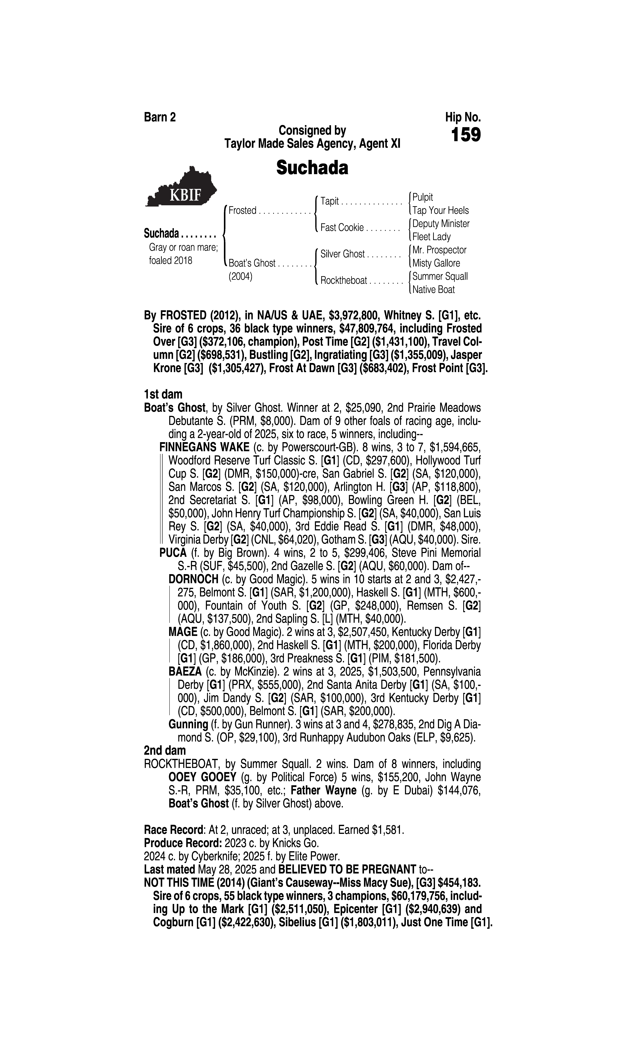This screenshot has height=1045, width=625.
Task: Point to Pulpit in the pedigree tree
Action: [422, 197]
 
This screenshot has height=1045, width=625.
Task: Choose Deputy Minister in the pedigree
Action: [440, 224]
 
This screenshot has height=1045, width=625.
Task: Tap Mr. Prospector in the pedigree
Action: [439, 250]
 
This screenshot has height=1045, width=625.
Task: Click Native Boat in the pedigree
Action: [433, 290]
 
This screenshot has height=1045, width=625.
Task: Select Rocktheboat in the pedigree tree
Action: [343, 280]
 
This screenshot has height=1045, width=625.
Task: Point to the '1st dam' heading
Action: [163, 394]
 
